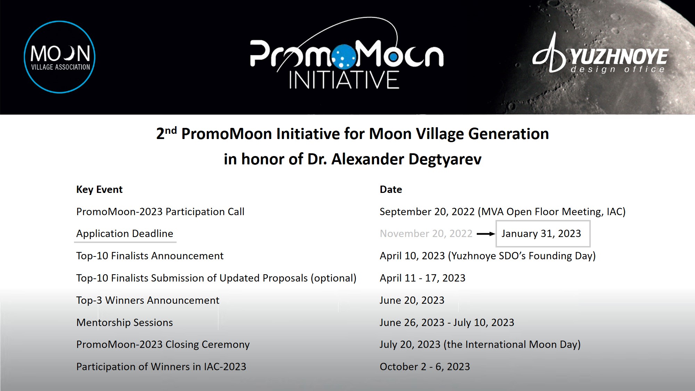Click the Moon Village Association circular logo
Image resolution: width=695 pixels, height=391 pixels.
[x=59, y=57]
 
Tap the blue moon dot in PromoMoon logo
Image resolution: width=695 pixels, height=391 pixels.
[x=344, y=56]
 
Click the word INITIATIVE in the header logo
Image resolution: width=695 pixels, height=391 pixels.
[x=344, y=80]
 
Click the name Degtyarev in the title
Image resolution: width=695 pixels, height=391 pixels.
[x=445, y=159]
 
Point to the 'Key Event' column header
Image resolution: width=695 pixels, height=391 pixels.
[x=99, y=189]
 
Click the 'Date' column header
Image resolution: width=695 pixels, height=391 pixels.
[x=391, y=189]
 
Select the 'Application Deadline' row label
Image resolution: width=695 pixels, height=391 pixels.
[x=125, y=234]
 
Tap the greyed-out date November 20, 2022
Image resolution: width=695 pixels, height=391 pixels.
[x=426, y=234]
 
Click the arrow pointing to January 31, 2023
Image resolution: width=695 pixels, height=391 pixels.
[x=485, y=234]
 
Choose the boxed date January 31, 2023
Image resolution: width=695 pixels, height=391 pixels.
[x=541, y=234]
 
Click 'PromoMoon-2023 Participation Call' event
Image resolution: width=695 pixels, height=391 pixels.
[x=160, y=212]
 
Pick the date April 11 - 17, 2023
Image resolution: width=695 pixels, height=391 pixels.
[x=422, y=278]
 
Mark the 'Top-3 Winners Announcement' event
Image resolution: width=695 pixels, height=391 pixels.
[x=148, y=300]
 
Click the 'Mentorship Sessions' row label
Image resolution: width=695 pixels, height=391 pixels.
[x=124, y=323]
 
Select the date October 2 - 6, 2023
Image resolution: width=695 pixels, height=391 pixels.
[x=425, y=367]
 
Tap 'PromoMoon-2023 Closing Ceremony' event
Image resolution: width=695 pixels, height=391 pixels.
[x=163, y=344]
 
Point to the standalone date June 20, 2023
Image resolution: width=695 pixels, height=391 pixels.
[x=412, y=300]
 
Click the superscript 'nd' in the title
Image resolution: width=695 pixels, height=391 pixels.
[x=171, y=131]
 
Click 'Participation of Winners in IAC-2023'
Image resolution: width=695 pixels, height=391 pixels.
[x=161, y=367]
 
